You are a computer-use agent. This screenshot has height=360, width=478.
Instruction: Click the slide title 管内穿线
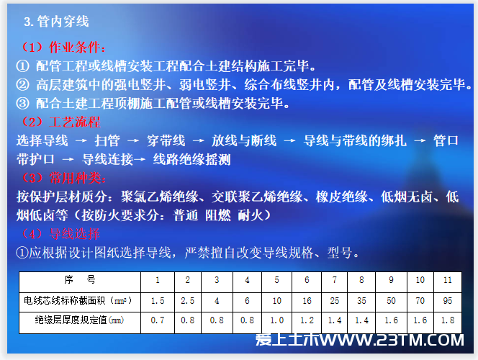tap(63, 22)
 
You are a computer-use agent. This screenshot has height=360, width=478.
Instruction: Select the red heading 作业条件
tap(75, 48)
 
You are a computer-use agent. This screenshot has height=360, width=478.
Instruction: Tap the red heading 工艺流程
tap(75, 122)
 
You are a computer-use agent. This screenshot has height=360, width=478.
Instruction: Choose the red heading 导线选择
tap(75, 234)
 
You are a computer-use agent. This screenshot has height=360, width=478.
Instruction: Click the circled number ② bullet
tap(22, 85)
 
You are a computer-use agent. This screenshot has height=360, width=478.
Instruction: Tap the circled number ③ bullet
tap(22, 104)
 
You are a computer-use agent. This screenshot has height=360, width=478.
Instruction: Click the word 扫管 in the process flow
tap(107, 141)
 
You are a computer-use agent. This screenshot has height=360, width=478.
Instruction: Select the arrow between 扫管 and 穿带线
tap(133, 141)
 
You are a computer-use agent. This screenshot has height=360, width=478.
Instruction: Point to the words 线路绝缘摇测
tap(191, 159)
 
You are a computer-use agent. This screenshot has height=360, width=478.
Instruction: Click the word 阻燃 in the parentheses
tap(218, 215)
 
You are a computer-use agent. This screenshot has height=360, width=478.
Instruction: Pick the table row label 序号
tap(80, 279)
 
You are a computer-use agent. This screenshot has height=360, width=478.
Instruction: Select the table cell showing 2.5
tap(187, 301)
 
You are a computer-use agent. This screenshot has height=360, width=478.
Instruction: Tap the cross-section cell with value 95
tap(448, 301)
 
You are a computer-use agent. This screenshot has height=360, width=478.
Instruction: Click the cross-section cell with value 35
tap(361, 301)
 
